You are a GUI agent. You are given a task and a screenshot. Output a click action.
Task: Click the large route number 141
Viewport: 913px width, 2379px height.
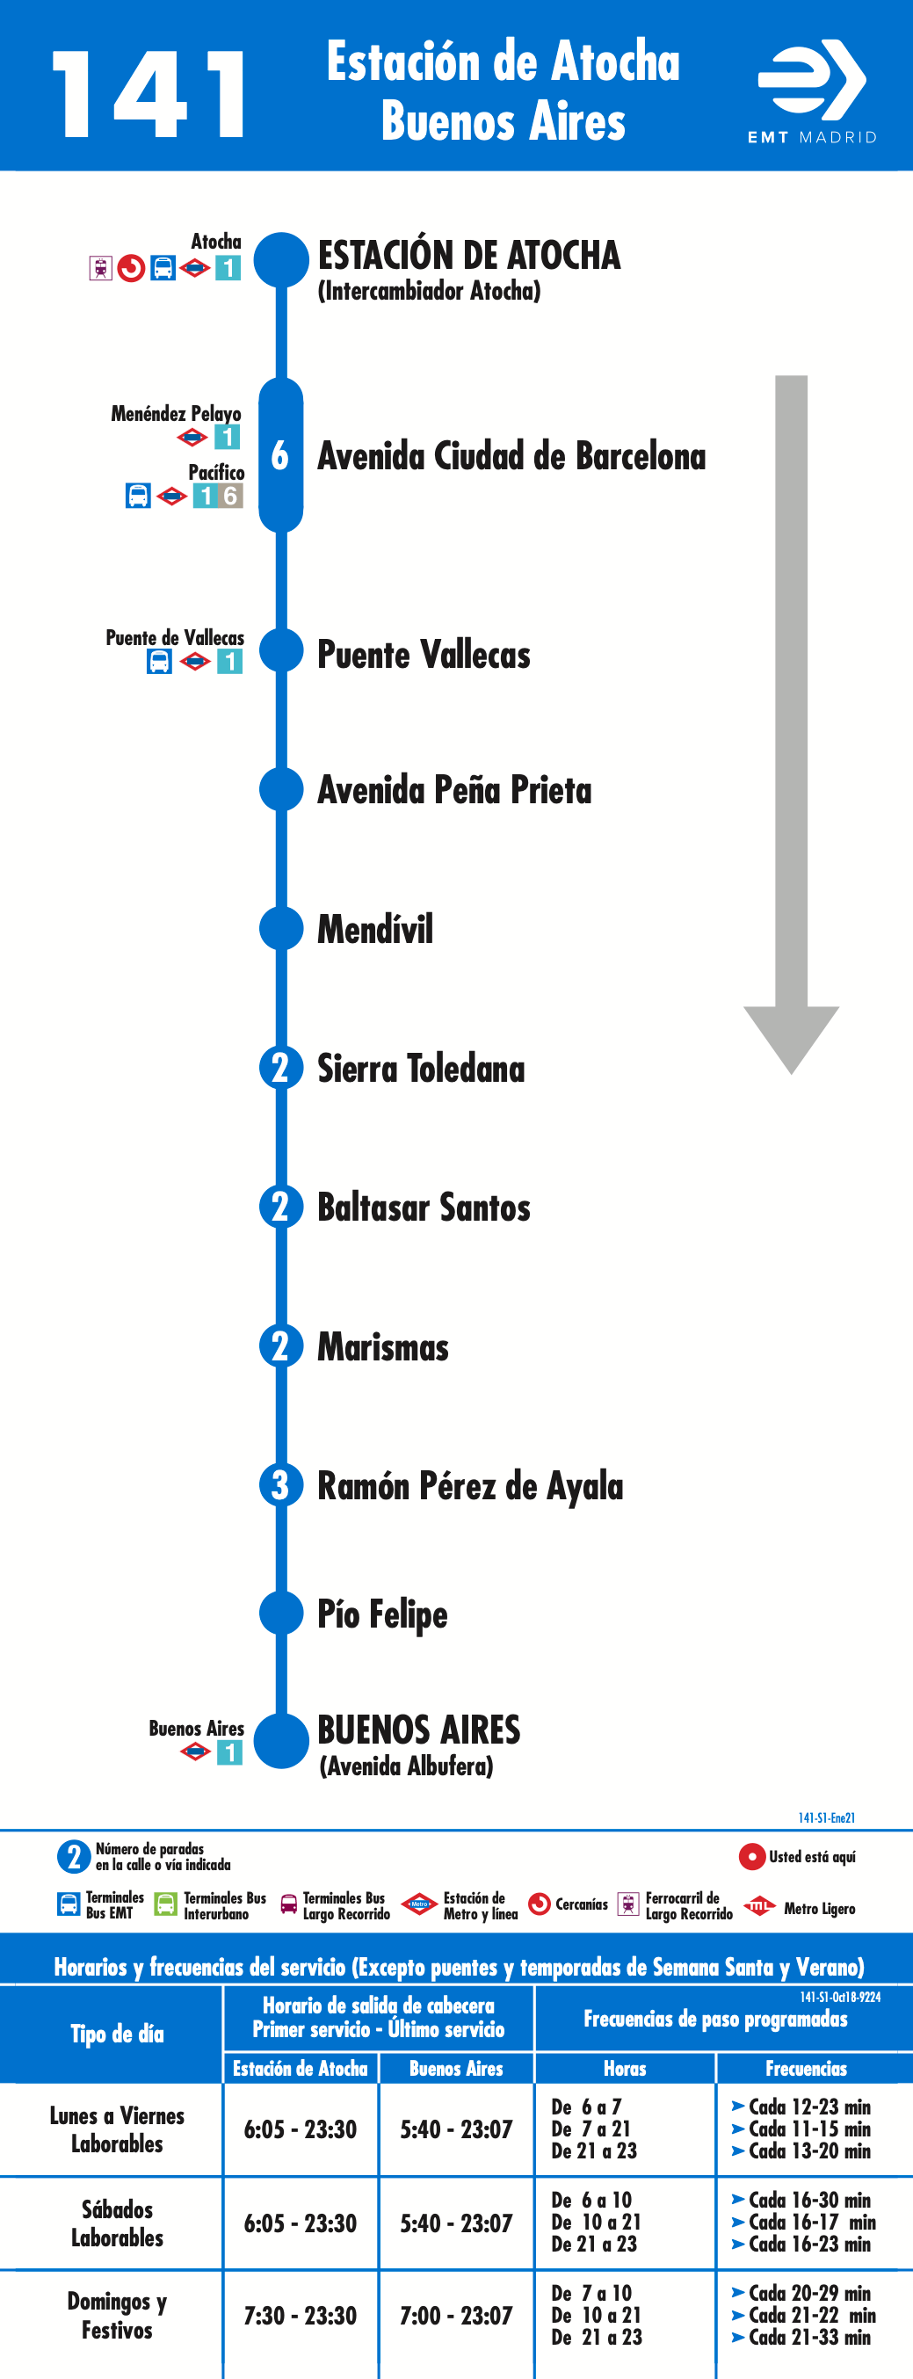click(x=149, y=94)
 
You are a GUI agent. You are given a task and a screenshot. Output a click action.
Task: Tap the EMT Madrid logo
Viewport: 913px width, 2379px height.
click(x=811, y=91)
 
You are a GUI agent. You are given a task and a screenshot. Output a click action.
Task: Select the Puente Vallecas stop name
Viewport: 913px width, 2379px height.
click(x=424, y=655)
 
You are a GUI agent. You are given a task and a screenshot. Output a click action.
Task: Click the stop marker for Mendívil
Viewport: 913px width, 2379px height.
click(x=281, y=928)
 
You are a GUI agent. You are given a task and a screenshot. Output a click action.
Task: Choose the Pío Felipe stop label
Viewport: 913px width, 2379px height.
click(x=382, y=1614)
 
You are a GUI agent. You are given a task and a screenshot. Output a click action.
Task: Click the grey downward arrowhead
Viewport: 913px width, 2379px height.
click(x=791, y=1040)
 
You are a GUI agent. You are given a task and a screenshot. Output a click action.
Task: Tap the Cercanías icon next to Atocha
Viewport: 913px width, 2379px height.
click(x=131, y=269)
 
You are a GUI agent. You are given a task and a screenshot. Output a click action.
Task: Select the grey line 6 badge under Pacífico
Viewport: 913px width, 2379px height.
click(x=231, y=496)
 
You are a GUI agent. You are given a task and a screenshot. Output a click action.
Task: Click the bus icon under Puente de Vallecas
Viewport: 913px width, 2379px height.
click(x=160, y=661)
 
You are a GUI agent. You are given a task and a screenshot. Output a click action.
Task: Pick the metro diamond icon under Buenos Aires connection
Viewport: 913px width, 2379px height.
click(x=195, y=1752)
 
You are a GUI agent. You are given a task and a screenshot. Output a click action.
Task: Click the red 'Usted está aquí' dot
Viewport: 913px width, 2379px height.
click(x=751, y=1856)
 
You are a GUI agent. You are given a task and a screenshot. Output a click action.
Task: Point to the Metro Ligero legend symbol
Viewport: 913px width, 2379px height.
click(x=759, y=1905)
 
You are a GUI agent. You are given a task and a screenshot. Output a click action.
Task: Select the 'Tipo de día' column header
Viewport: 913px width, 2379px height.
click(x=117, y=2034)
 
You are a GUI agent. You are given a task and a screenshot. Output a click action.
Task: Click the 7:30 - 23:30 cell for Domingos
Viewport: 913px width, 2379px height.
click(x=300, y=2315)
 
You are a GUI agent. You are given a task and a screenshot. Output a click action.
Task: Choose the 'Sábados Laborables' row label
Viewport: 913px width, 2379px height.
click(x=117, y=2223)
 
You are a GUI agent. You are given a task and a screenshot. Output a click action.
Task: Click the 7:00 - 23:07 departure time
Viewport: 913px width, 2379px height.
click(x=456, y=2315)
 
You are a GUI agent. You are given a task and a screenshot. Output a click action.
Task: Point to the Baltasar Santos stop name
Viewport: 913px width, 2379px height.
click(x=424, y=1208)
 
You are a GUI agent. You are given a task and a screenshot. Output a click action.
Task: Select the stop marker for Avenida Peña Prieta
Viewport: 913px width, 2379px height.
click(x=281, y=789)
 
